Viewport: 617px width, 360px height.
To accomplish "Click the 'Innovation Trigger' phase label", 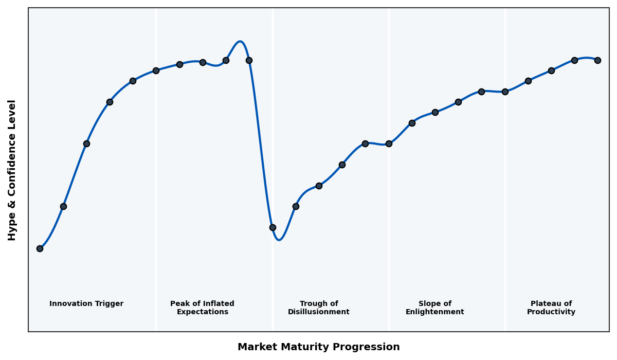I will [86, 304].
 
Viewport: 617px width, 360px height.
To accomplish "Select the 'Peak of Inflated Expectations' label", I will [202, 308].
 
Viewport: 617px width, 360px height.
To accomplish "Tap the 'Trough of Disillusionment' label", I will [319, 308].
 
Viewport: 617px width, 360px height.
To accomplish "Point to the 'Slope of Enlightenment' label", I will [435, 308].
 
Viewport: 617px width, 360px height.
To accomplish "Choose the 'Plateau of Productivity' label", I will [551, 308].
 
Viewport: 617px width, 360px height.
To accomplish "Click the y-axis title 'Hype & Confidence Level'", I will [12, 170].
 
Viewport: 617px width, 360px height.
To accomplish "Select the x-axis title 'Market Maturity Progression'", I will [319, 347].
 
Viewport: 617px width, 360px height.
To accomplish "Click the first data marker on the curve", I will [40, 248].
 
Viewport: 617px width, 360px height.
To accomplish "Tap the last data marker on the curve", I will [597, 60].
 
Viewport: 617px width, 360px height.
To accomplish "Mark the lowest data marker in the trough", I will [273, 227].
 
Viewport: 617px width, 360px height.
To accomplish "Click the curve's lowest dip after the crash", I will [279, 240].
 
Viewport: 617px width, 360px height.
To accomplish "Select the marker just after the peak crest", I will [249, 60].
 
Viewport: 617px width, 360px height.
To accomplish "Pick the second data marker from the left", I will [63, 206].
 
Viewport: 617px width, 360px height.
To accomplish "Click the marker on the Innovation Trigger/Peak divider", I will [156, 70].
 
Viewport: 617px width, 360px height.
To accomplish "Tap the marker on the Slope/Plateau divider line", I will [505, 92].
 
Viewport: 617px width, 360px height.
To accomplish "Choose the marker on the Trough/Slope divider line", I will [389, 143].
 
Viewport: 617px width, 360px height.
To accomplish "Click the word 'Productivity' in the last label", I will [551, 312].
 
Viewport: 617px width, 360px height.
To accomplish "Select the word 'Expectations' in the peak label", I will [202, 312].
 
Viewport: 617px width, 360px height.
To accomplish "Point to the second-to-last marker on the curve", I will [574, 60].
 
